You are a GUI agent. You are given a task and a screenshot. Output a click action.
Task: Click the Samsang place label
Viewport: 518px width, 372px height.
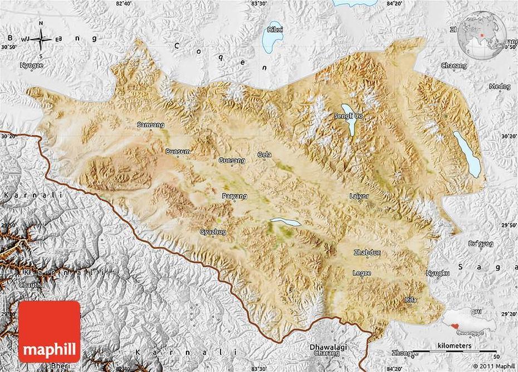click(148, 125)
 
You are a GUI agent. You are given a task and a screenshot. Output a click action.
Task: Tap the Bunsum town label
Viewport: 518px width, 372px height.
click(178, 151)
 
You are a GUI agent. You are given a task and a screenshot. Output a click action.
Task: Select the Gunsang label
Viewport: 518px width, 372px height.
click(232, 160)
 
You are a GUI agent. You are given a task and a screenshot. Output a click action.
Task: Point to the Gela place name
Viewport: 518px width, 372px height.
click(264, 154)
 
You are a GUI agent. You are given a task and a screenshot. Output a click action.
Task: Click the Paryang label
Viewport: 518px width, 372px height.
click(234, 196)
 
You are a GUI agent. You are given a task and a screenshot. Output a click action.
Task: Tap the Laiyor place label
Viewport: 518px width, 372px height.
click(359, 196)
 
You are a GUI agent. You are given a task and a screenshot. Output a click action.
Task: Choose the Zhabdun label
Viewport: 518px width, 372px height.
click(367, 252)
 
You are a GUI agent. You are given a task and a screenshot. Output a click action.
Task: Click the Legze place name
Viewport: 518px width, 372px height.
click(360, 272)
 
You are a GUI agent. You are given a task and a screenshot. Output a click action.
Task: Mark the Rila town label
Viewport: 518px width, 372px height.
click(411, 299)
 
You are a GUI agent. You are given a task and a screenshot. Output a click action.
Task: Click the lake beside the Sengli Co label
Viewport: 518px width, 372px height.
click(350, 120)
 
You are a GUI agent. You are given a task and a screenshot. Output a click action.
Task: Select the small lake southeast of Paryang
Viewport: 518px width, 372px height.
click(285, 223)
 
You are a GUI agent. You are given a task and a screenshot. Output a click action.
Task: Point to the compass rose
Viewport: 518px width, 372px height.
click(42, 38)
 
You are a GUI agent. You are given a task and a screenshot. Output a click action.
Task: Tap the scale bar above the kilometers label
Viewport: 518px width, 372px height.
click(456, 352)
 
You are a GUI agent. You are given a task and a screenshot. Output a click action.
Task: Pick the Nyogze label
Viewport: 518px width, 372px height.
click(32, 65)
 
